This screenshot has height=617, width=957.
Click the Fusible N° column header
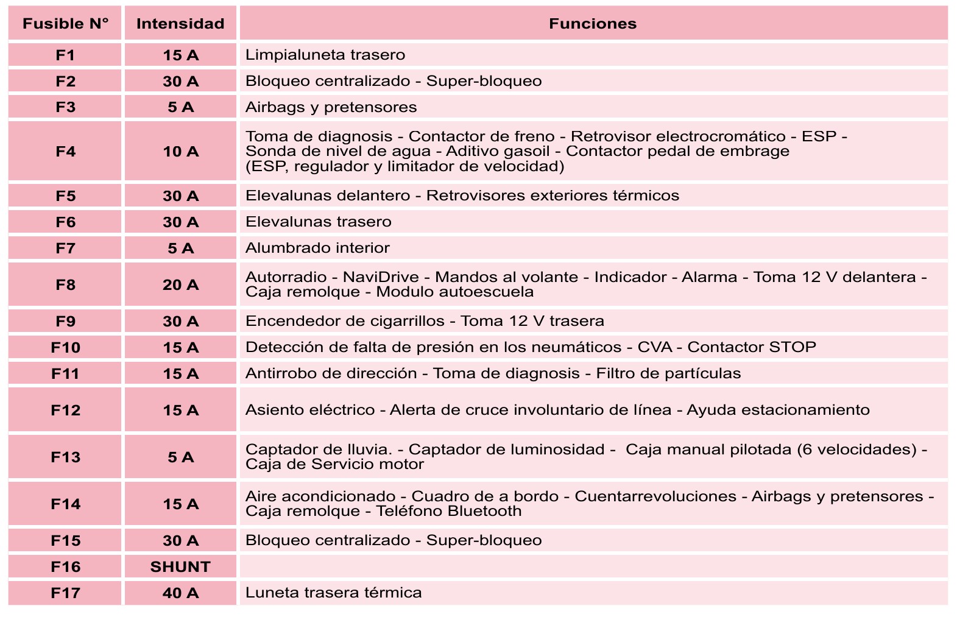[x=65, y=24]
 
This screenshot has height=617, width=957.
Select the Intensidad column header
[x=180, y=24]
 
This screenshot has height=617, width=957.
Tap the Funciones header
[x=592, y=24]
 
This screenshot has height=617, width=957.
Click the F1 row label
[x=65, y=55]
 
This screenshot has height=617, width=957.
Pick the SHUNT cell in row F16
[x=180, y=566]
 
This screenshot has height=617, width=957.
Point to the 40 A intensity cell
[x=180, y=593]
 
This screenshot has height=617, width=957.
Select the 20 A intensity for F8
[x=180, y=284]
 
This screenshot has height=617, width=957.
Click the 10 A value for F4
[x=180, y=151]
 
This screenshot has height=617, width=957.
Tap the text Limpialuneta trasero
[x=325, y=55]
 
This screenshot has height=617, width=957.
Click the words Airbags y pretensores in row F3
[x=331, y=107]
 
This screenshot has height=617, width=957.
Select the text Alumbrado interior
[x=317, y=248]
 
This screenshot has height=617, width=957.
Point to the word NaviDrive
[x=381, y=277]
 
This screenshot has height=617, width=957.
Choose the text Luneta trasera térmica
[x=333, y=593]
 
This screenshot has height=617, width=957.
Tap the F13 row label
[x=65, y=457]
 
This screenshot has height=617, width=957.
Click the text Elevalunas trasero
[x=318, y=222]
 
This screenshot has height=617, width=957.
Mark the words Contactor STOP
[x=752, y=347]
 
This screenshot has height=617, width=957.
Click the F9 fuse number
[x=65, y=321]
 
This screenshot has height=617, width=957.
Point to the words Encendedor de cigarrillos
[x=345, y=321]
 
